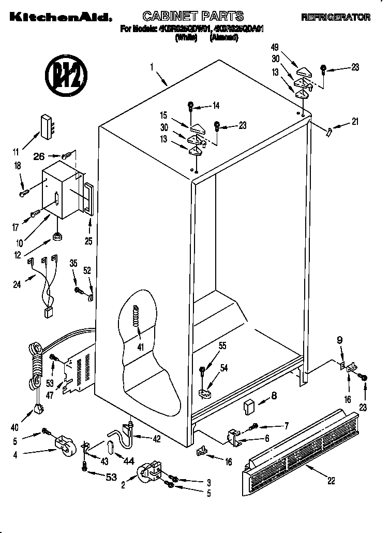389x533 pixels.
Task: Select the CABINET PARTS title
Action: (x=193, y=16)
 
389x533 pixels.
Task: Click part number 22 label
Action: (x=331, y=481)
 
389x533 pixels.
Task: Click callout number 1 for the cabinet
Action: (x=152, y=66)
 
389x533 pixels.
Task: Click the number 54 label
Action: (x=224, y=368)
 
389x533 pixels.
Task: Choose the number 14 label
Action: (x=216, y=106)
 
